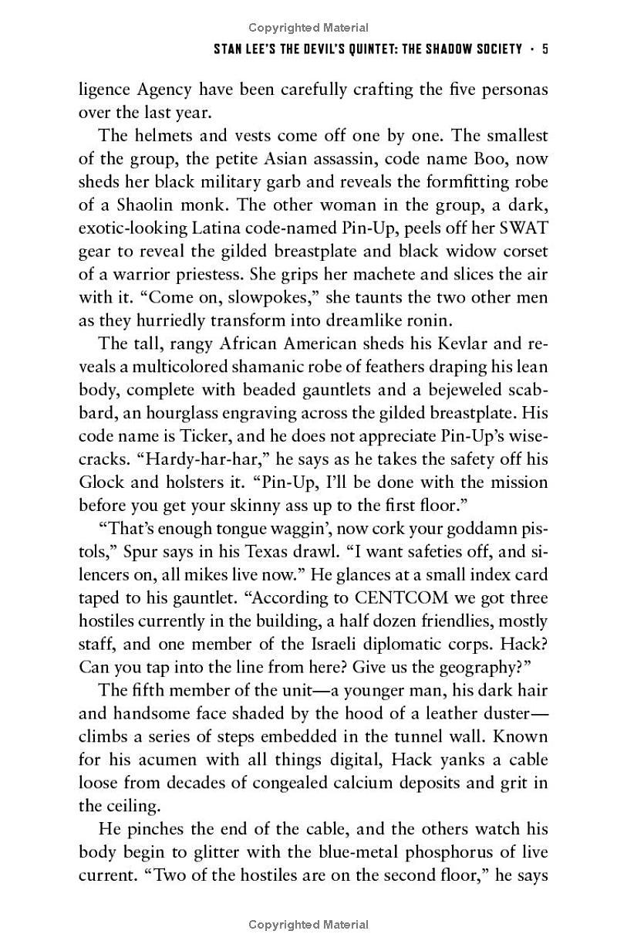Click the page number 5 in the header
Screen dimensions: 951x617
click(x=545, y=49)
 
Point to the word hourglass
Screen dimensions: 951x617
click(x=183, y=413)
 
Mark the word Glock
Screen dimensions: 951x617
click(x=101, y=482)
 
